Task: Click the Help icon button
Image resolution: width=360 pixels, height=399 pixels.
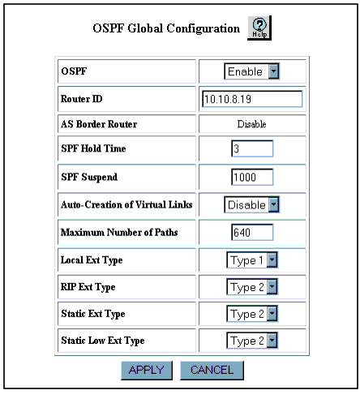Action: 259,28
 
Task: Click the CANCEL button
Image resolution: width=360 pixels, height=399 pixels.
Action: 212,370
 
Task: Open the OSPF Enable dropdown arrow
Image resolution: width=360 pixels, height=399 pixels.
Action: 273,71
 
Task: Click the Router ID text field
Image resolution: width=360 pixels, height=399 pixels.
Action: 252,99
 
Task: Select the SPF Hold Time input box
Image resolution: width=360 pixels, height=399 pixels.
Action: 252,148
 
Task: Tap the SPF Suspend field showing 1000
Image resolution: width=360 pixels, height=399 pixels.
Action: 252,177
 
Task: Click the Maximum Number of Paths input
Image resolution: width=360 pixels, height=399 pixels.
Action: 252,232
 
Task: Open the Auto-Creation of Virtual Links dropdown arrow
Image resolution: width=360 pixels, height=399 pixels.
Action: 273,204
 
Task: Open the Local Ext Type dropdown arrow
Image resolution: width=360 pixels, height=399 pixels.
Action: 272,260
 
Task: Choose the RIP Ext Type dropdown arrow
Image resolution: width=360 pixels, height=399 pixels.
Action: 272,287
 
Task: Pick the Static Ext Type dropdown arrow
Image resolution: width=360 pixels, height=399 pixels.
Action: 272,314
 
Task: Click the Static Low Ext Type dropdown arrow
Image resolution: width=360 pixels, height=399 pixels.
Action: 272,341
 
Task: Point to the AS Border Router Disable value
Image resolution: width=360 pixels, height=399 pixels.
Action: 251,124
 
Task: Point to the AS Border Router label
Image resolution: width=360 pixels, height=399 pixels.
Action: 99,124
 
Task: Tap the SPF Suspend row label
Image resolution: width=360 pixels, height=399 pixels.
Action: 89,177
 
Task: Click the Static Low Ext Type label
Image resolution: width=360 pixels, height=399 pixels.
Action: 103,341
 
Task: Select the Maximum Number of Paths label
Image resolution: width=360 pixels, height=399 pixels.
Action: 119,232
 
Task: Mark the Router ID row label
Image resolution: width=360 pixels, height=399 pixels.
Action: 81,99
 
